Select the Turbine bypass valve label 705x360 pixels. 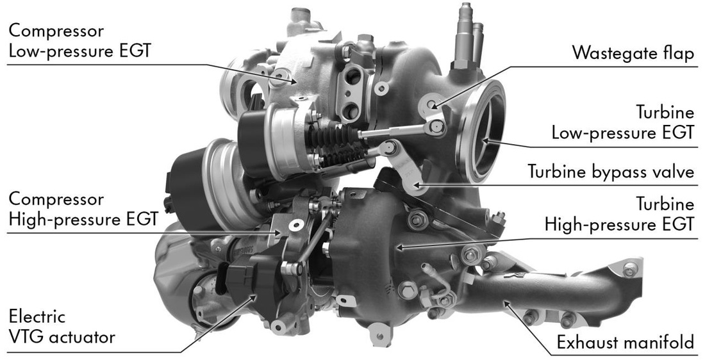coord(611,172)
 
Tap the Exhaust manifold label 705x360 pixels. coord(626,343)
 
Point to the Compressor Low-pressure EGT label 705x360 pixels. coord(79,41)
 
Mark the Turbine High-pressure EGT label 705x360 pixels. coord(619,215)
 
